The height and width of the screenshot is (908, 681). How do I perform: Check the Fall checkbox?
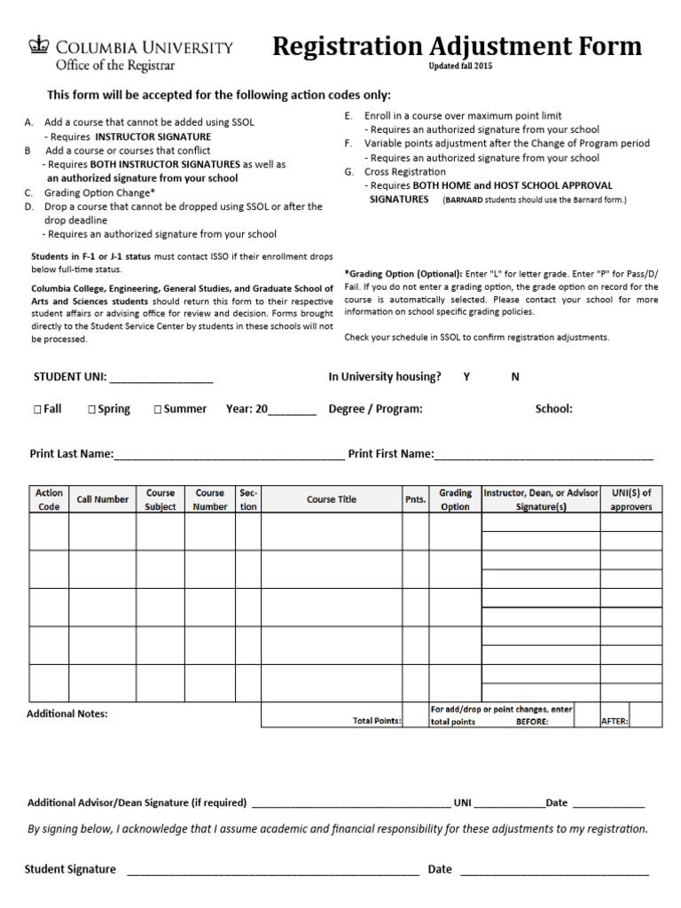point(37,410)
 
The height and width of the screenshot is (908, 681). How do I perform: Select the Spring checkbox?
point(92,410)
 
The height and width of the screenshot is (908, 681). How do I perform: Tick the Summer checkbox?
point(158,410)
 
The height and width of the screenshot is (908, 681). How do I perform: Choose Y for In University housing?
point(466,377)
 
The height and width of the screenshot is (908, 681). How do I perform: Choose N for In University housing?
point(515,377)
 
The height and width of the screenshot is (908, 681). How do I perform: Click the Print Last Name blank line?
point(229,457)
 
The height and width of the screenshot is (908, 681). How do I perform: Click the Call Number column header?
point(103,499)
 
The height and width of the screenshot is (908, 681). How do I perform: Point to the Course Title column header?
point(332,499)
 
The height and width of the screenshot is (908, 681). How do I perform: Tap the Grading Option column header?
point(455,499)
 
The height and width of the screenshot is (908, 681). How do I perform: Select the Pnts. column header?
point(416,500)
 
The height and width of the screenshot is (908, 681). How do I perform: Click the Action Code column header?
point(49,499)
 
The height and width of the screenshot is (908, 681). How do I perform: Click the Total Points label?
point(377,721)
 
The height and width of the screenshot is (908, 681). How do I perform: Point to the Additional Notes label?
point(67,713)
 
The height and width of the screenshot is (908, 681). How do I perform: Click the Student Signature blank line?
point(273,872)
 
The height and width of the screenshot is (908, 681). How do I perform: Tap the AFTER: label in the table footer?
point(615,721)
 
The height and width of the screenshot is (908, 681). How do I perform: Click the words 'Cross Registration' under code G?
point(405,172)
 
